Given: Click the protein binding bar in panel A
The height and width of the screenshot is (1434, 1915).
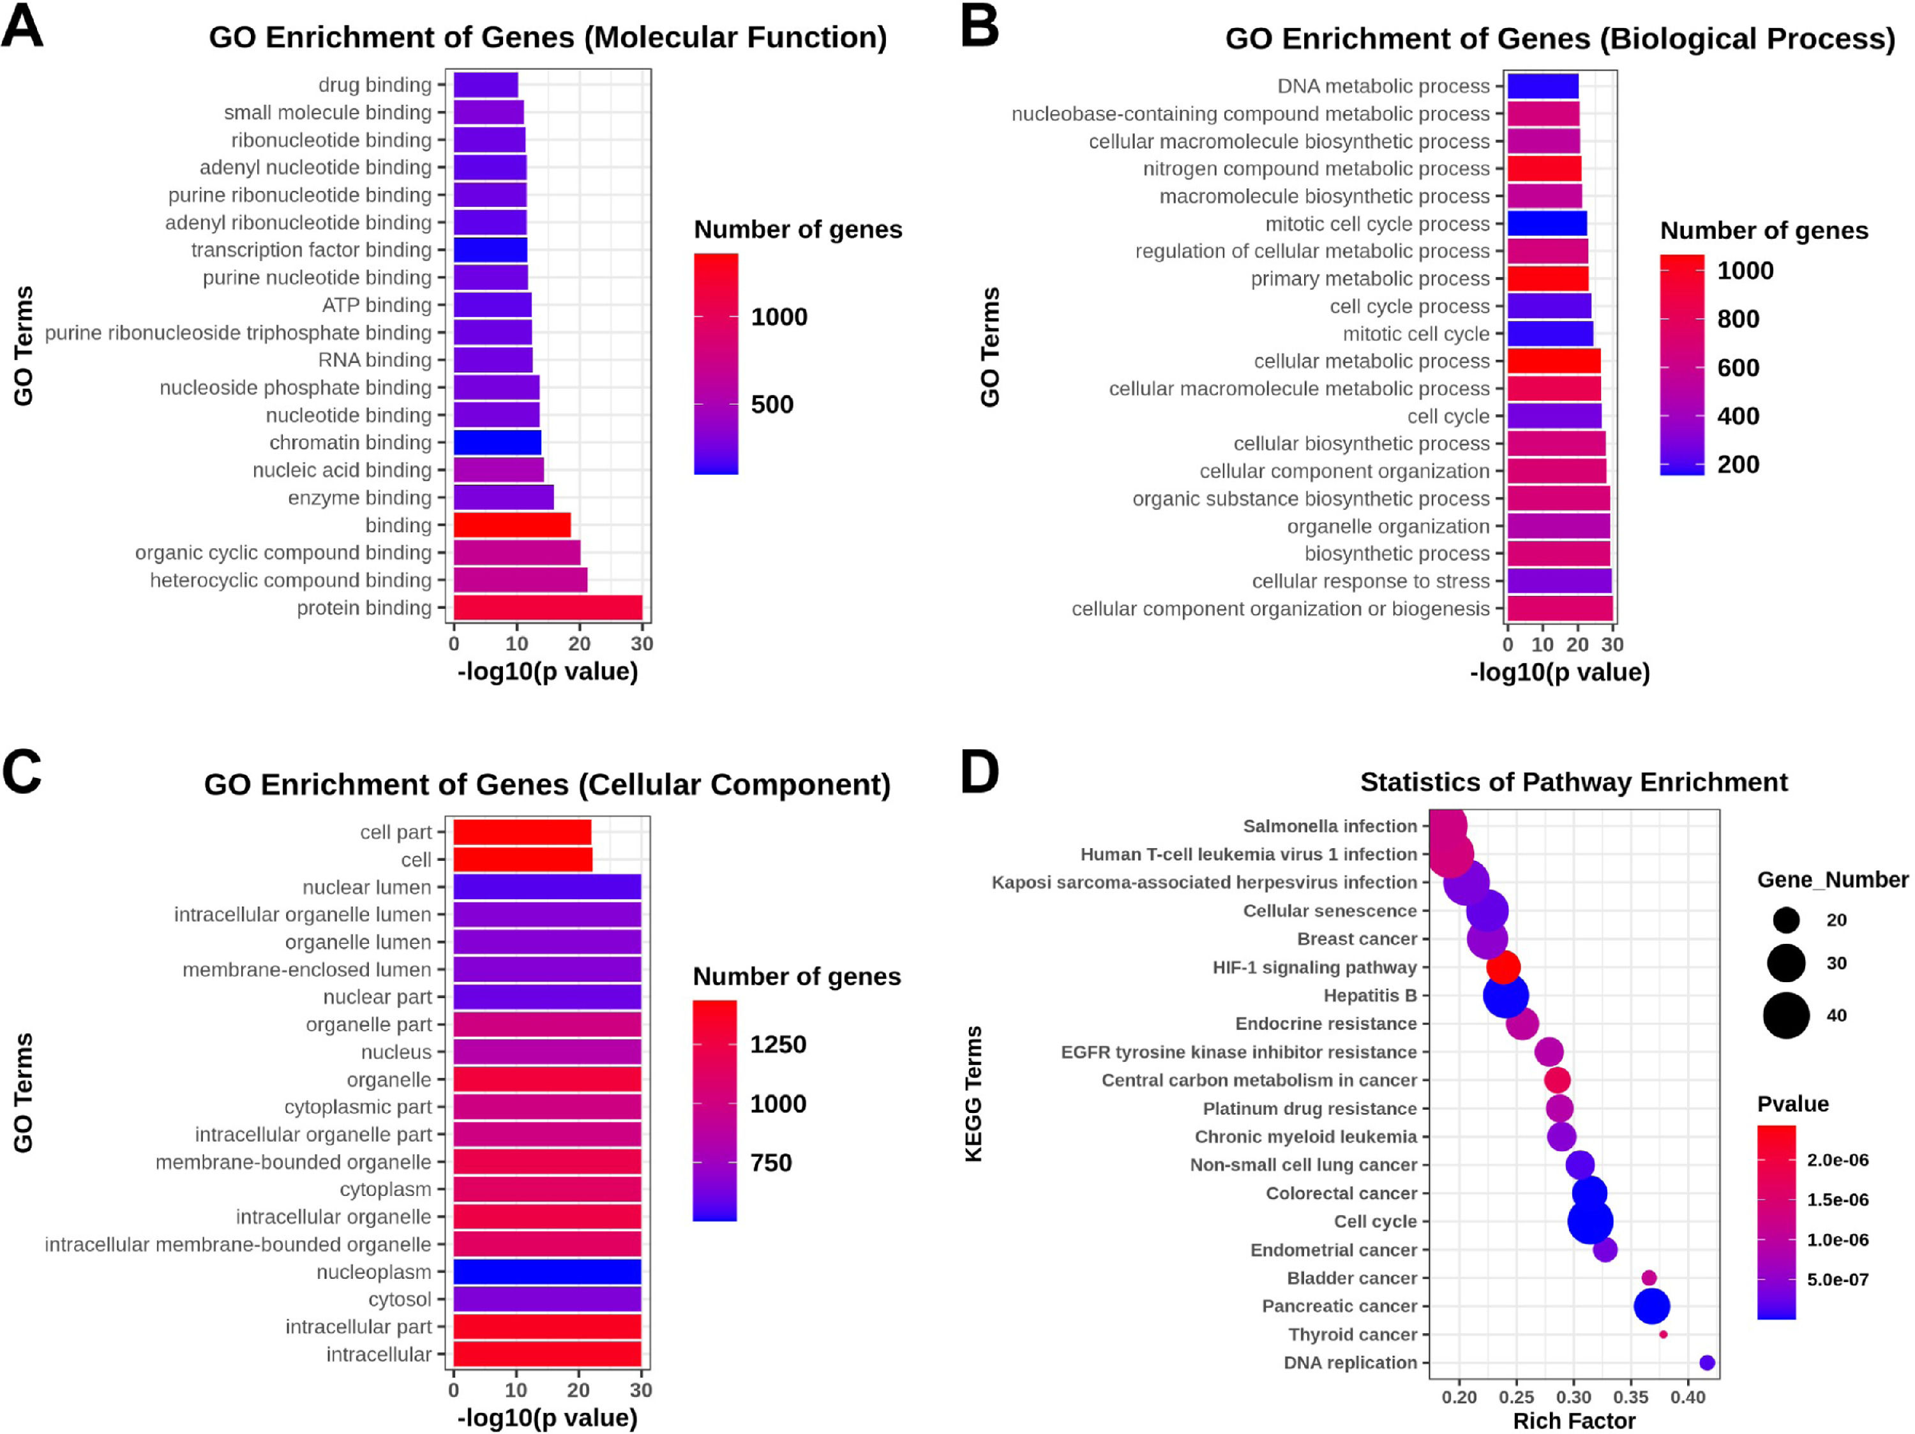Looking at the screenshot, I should pos(547,608).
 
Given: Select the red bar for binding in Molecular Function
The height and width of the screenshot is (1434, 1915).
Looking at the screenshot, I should pos(512,525).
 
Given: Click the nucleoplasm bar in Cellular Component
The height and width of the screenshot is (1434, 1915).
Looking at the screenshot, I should pos(547,1271).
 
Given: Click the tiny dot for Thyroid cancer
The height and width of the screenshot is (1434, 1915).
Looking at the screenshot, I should pos(1663,1334).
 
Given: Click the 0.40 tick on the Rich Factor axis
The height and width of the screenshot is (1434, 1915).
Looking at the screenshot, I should pos(1687,1397).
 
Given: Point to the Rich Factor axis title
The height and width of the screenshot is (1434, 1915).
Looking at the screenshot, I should pos(1574,1421).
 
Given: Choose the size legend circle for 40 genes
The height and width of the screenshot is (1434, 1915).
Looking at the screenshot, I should pos(1786,1015).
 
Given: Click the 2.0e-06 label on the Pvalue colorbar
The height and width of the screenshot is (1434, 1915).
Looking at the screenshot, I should pos(1837,1160).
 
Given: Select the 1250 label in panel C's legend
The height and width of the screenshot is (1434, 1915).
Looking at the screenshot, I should pos(777,1045).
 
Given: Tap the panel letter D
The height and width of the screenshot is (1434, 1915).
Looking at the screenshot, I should pos(980,772).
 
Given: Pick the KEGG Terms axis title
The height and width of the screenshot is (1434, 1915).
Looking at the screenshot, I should pos(974,1094).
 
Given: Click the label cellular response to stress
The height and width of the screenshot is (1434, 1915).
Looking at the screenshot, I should pos(1371,581).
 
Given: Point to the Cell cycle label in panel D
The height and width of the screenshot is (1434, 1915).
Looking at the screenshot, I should pos(1375,1221).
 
